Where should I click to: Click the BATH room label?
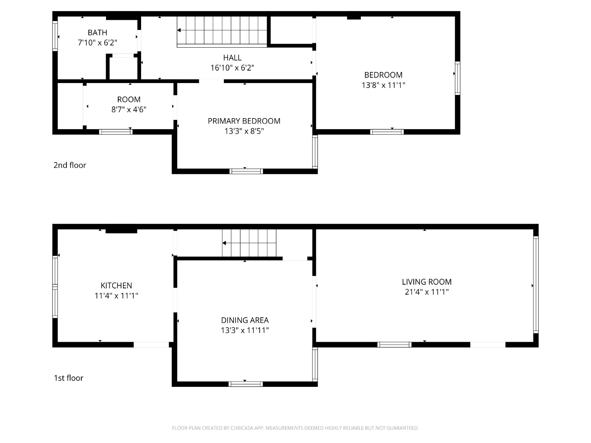point(98,32)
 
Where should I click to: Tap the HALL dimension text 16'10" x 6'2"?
point(232,68)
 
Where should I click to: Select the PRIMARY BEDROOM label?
point(244,121)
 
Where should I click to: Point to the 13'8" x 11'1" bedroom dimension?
point(383,85)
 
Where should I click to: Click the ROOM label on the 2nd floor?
point(129,100)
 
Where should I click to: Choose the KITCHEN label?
point(116,285)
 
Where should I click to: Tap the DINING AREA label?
point(245,320)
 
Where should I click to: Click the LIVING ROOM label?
point(427,282)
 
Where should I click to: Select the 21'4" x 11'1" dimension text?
point(427,292)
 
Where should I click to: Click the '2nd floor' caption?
point(70,165)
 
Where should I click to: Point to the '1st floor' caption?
point(69,378)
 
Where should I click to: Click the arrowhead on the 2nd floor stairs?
point(179,30)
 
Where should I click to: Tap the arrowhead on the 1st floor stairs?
point(224,243)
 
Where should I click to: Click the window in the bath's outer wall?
point(55,36)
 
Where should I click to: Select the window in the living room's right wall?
point(536,285)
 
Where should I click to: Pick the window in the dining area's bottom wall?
point(246,384)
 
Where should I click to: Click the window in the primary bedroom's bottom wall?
point(246,171)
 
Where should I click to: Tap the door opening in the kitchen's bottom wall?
point(151,344)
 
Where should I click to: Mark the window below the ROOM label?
point(116,132)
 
